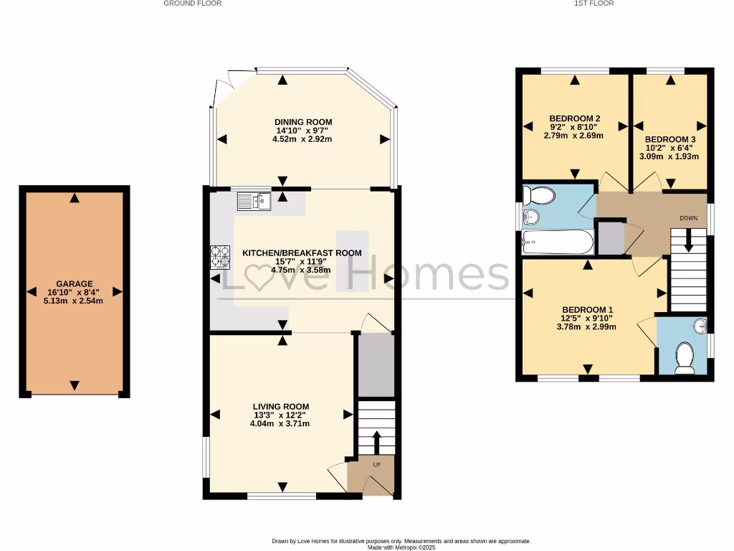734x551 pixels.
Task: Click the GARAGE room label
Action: pos(74,284)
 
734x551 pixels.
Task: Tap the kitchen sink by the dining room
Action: pos(254,202)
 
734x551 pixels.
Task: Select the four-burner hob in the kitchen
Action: pos(220,257)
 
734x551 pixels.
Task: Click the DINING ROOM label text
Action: pos(303,122)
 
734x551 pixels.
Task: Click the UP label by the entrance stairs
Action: pos(376,465)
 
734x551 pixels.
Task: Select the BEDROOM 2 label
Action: pos(574,118)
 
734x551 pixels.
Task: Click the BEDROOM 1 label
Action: pos(587,309)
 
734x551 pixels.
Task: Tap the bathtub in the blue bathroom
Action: pos(558,242)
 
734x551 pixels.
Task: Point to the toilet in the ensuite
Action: pos(685,358)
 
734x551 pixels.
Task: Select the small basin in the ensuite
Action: pos(700,327)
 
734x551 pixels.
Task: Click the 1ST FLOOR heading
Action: pos(594,4)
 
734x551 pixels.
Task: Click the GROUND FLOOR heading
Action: pos(192,4)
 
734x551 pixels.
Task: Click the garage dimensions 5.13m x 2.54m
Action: pos(74,301)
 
